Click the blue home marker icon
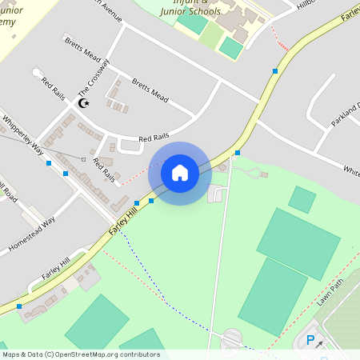click(x=180, y=173)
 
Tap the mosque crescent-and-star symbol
click(x=83, y=103)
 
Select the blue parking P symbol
click(x=310, y=341)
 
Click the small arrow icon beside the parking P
click(x=320, y=343)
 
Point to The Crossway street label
click(x=93, y=81)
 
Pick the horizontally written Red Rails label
click(x=155, y=138)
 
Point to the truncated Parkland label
click(x=346, y=115)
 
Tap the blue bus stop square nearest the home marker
click(x=151, y=201)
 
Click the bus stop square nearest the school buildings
click(x=275, y=71)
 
